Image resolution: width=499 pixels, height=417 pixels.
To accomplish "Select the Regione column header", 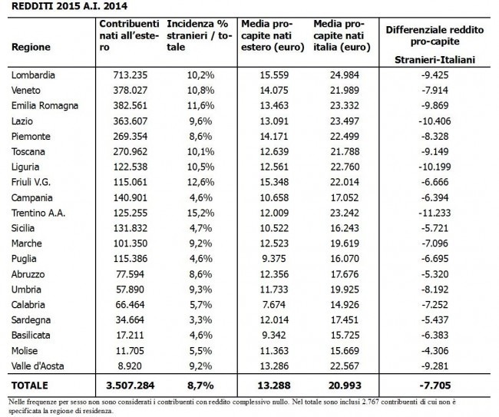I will coord(31,47).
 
